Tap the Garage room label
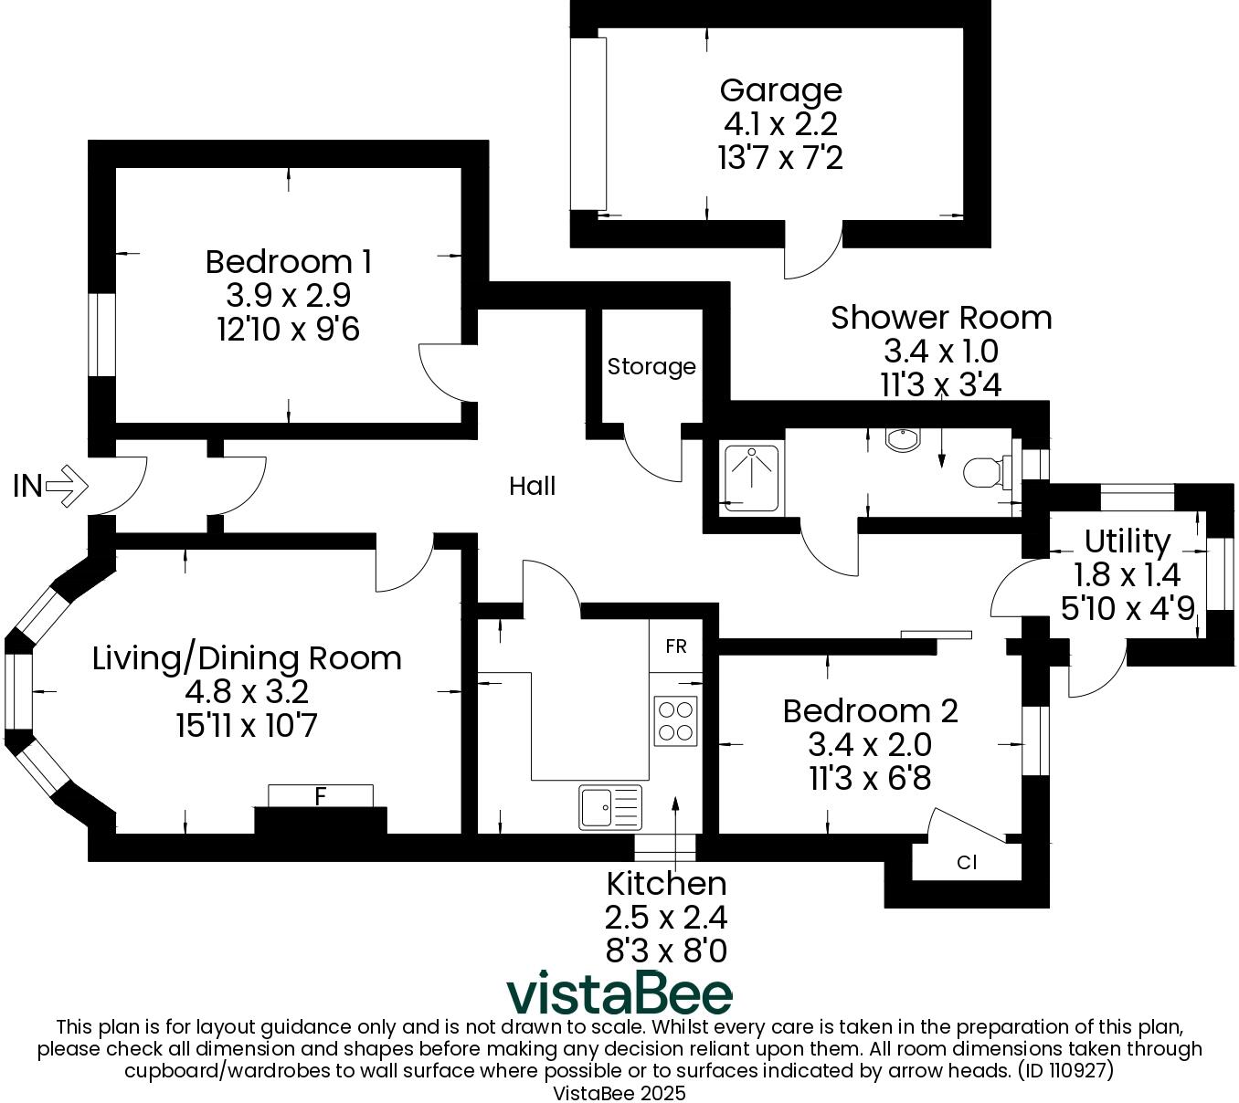780,90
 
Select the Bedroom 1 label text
288,262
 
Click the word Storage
651,367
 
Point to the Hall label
532,487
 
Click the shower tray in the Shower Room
751,478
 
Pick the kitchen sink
609,807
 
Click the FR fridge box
676,646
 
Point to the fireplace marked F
320,797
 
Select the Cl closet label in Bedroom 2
967,862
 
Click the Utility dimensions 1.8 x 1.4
1127,574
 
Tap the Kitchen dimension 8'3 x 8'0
666,951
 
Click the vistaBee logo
619,993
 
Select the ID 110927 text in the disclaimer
1064,1069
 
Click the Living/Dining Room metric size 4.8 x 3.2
247,692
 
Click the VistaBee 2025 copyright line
619,1092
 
